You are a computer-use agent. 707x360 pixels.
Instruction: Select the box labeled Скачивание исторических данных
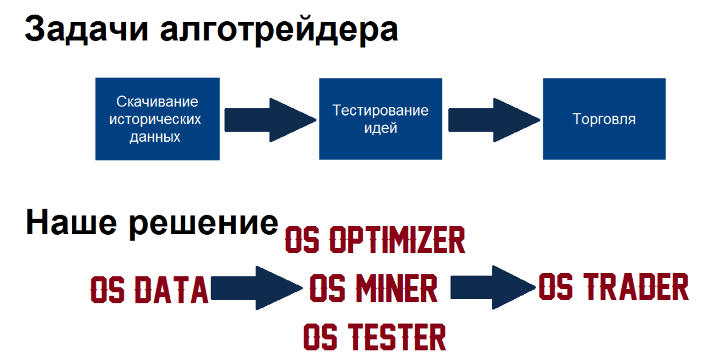[158, 119]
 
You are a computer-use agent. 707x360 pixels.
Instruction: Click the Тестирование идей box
[380, 119]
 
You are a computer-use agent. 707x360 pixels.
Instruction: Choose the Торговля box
[604, 119]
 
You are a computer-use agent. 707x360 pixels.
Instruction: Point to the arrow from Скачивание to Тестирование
[270, 120]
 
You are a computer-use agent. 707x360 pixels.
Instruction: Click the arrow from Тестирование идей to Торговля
[493, 120]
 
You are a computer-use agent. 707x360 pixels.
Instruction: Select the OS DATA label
[150, 289]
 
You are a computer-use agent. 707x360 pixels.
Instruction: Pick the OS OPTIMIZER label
[375, 240]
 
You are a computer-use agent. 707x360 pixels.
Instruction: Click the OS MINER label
[374, 288]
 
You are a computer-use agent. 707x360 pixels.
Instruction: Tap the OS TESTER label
[375, 337]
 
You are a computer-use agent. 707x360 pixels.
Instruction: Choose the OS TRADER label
[614, 286]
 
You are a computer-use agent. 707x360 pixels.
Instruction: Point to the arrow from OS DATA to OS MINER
[257, 288]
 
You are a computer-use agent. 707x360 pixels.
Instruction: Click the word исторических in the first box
[155, 119]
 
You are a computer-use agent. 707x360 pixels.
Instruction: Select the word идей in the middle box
[380, 128]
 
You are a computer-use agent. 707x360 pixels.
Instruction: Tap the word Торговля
[604, 119]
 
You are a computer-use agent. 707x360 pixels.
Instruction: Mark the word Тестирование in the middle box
[380, 111]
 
